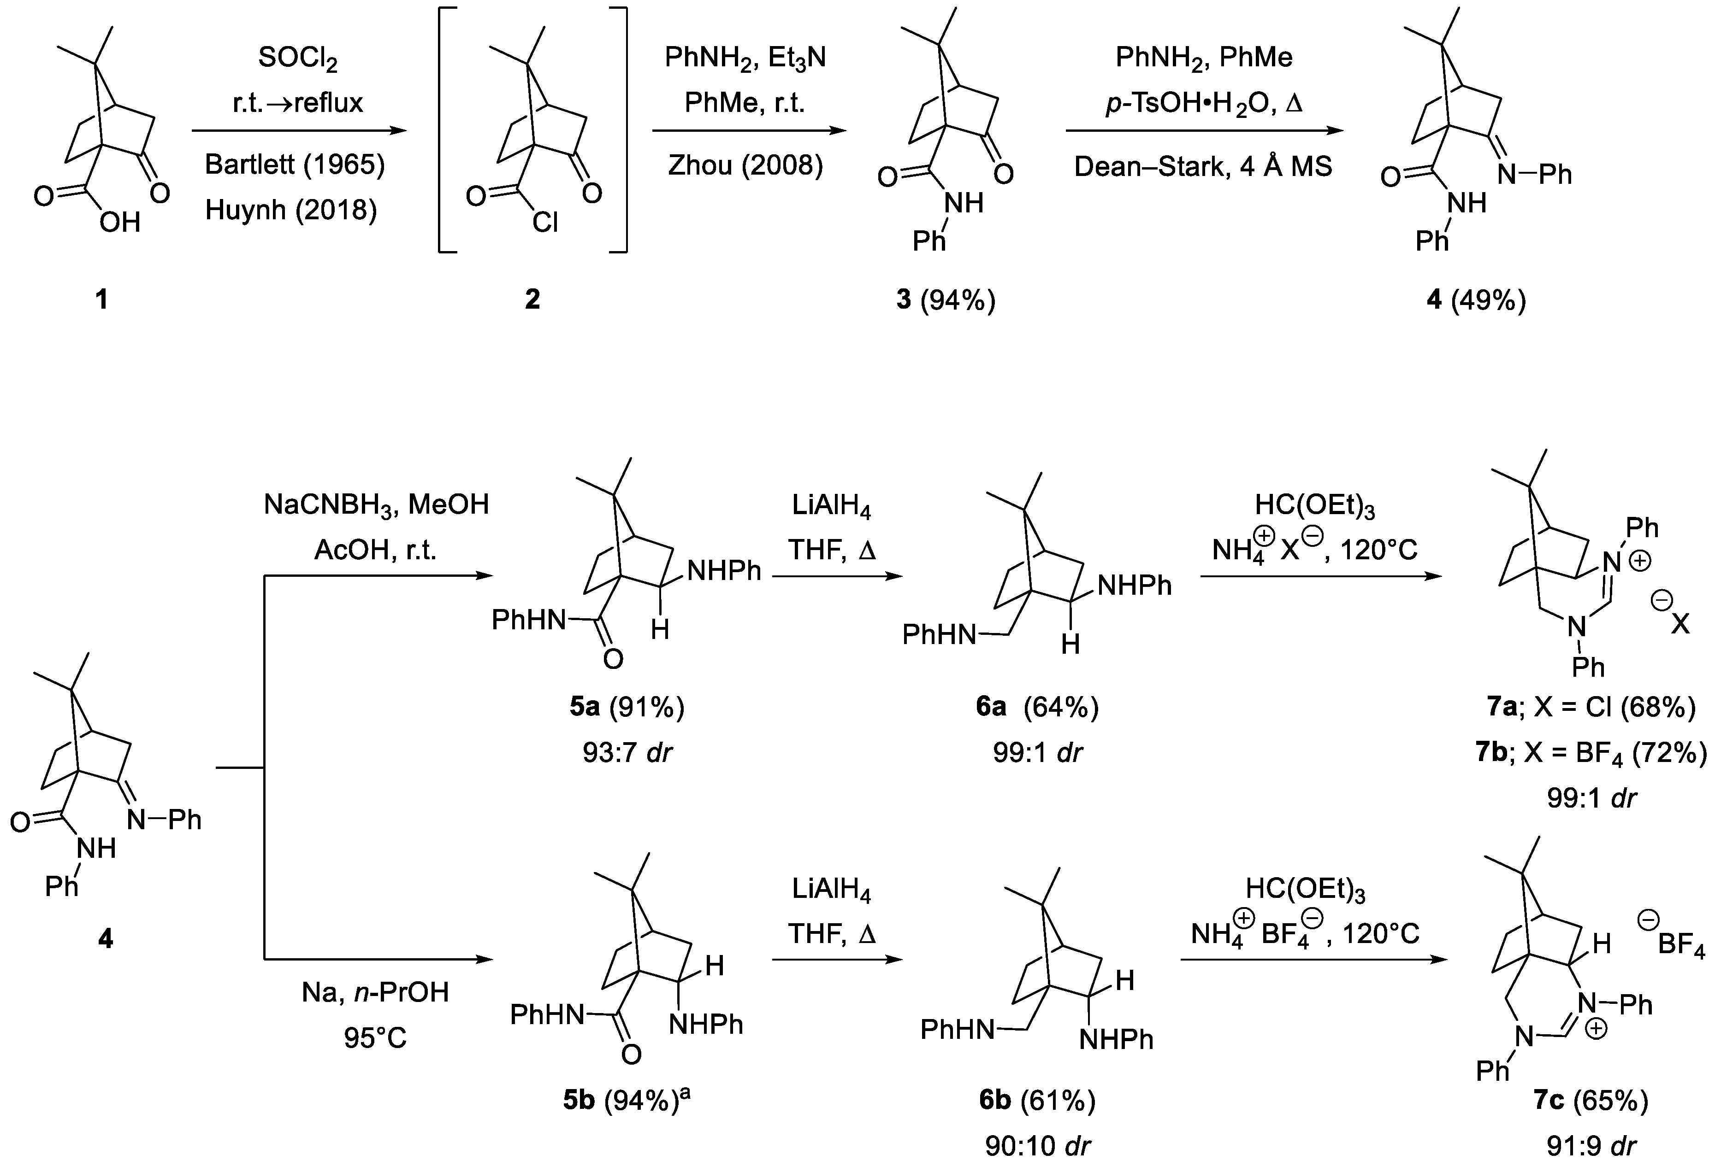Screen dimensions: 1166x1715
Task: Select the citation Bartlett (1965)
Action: (x=295, y=164)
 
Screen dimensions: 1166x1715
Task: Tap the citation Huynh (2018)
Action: (x=291, y=210)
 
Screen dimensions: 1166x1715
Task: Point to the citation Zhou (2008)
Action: (x=745, y=164)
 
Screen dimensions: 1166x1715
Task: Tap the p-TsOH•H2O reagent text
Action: (x=1204, y=103)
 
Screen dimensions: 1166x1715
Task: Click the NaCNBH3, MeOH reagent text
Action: (x=376, y=504)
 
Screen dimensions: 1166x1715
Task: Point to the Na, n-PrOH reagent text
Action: (x=375, y=993)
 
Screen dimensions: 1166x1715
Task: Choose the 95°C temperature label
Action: (x=375, y=1038)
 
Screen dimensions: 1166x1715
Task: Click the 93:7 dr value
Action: (x=627, y=753)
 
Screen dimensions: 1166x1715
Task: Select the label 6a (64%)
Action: (x=1037, y=707)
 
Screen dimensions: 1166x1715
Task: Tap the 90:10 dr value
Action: (x=1037, y=1145)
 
